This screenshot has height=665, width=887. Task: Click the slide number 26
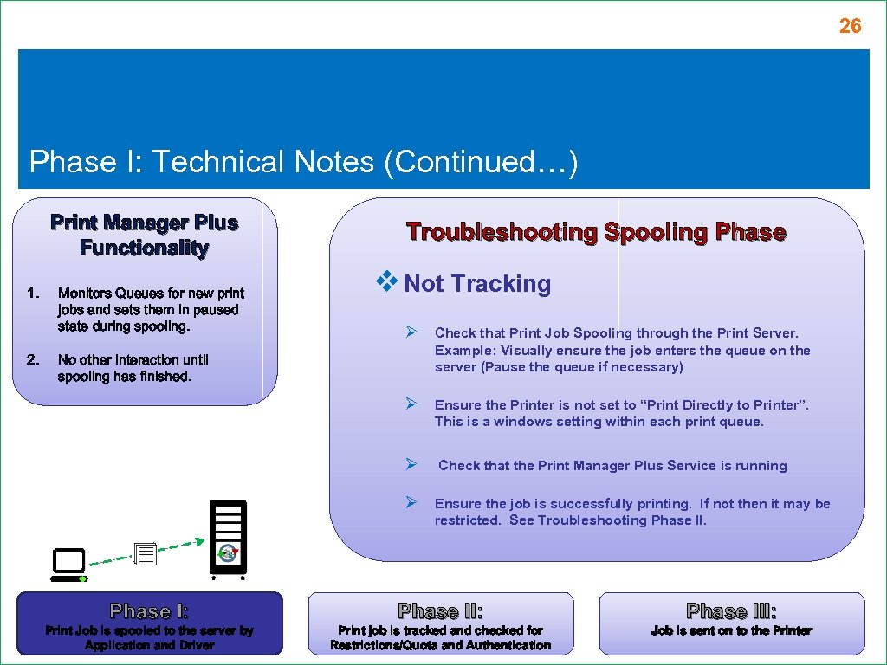tap(850, 27)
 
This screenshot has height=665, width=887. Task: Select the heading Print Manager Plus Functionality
tap(144, 236)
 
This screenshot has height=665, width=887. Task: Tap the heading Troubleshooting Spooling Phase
tap(596, 232)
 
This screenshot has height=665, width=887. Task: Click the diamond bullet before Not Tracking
tap(386, 281)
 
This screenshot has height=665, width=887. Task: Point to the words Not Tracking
tap(477, 284)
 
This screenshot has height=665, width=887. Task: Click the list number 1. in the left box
tap(33, 294)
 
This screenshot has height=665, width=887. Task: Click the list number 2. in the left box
tap(33, 359)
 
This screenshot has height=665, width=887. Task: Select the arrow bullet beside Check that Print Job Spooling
tap(412, 332)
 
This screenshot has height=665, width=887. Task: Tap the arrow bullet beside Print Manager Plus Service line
tap(412, 465)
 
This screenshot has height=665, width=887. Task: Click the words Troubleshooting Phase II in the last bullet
tap(622, 520)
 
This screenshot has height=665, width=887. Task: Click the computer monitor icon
tap(68, 565)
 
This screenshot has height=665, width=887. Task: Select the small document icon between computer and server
tap(146, 553)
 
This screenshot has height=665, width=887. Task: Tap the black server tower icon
tap(228, 537)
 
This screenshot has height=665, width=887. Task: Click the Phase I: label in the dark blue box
tap(149, 611)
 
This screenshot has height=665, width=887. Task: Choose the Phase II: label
tap(440, 611)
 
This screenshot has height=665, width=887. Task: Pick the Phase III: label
tap(731, 611)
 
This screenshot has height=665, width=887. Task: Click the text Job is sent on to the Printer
tap(731, 631)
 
